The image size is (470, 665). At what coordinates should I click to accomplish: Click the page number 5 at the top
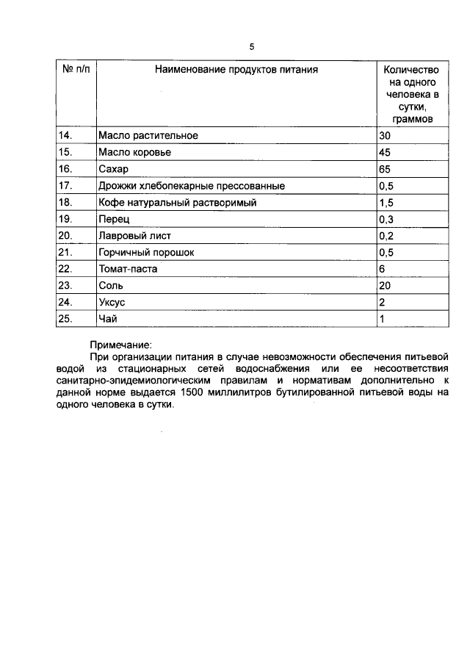(251, 47)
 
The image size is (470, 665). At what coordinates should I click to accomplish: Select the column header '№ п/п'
(76, 70)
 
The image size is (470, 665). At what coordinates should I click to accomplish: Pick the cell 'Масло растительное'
(148, 136)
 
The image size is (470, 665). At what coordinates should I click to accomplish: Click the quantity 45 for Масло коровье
(385, 152)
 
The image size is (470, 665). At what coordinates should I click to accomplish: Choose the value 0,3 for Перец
(386, 219)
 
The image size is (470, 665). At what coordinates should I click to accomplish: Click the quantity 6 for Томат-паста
(382, 269)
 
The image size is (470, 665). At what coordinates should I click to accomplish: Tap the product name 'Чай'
(107, 319)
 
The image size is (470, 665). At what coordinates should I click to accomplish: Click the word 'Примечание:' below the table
(120, 344)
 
